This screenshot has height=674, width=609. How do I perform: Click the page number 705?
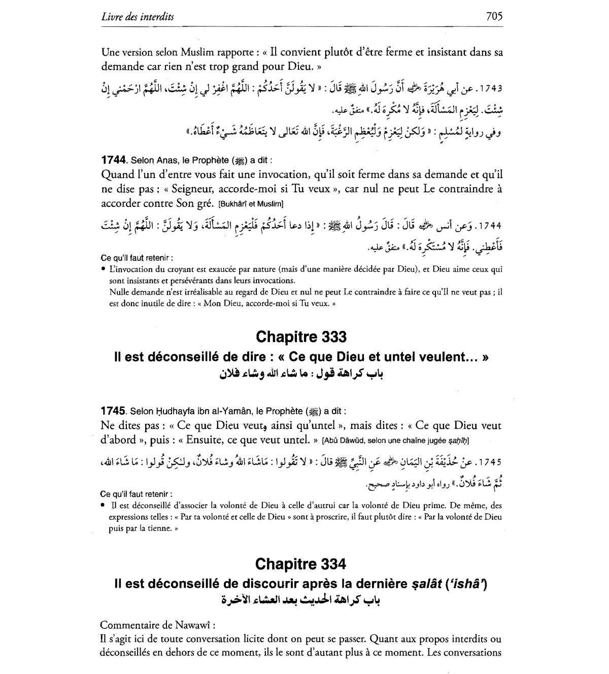pos(494,16)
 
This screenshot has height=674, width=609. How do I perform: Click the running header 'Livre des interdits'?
pos(138,17)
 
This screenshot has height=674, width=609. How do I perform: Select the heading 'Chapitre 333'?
pos(301,337)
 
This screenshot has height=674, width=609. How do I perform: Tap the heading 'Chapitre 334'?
pos(301,564)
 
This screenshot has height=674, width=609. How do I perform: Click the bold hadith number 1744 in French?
pos(114,160)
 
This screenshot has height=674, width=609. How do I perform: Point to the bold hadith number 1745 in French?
pos(113,411)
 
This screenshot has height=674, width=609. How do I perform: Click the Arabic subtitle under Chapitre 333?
pos(301,375)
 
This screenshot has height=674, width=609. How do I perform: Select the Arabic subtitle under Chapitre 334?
pos(301,600)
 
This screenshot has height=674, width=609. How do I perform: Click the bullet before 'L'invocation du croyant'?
pos(103,269)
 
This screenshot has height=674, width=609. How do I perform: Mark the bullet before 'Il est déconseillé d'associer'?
pos(103,505)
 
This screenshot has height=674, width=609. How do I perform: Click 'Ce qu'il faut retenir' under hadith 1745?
pos(136,494)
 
